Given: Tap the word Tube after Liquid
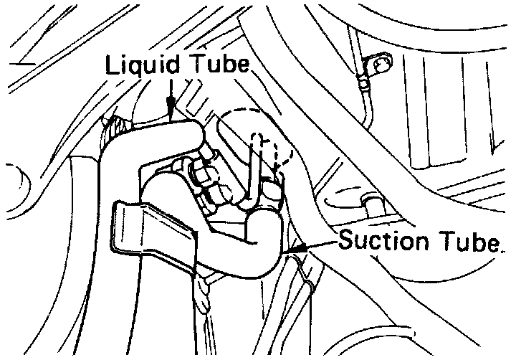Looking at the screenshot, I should pos(218,65).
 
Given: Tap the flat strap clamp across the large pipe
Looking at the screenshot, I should pos(154,229).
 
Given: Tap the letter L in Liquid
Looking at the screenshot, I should pos(113,65).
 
